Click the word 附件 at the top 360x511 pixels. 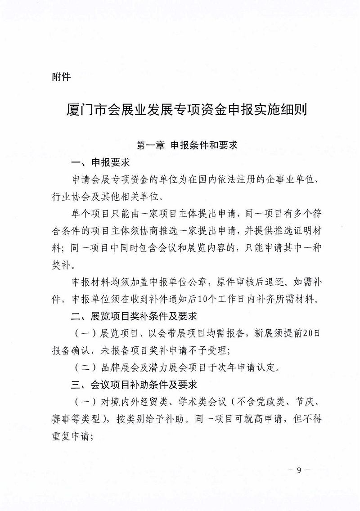(x=61, y=77)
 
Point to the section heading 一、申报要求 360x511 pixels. (x=100, y=162)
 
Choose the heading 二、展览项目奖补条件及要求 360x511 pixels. (x=134, y=316)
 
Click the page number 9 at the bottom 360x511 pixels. (x=299, y=471)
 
